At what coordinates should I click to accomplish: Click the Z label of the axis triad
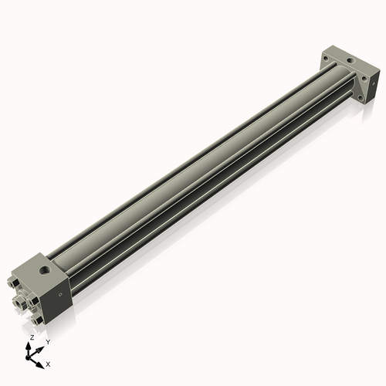(x=32, y=338)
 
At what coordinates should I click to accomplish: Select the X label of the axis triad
(x=48, y=363)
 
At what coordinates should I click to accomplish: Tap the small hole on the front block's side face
(x=57, y=294)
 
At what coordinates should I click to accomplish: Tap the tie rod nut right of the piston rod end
(x=38, y=300)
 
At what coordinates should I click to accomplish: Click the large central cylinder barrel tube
(x=193, y=178)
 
